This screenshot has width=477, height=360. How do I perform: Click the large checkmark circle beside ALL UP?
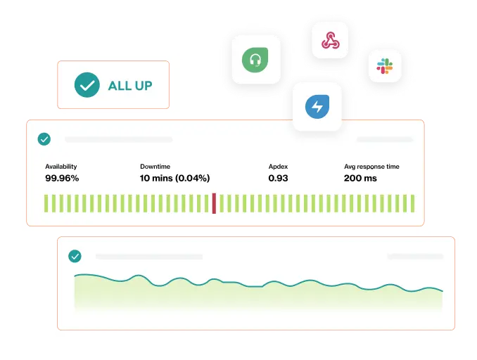pyautogui.click(x=87, y=85)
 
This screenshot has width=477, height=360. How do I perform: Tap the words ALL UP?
pyautogui.click(x=130, y=86)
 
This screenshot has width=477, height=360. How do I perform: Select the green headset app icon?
pyautogui.click(x=255, y=60)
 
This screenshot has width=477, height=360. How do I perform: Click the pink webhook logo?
pyautogui.click(x=331, y=40)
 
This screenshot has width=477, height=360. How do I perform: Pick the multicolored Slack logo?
pyautogui.click(x=385, y=66)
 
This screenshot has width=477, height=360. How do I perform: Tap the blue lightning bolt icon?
pyautogui.click(x=317, y=106)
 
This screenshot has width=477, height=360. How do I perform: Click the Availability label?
pyautogui.click(x=61, y=167)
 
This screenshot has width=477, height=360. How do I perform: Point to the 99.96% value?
pyautogui.click(x=62, y=178)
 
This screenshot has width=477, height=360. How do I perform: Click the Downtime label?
pyautogui.click(x=155, y=167)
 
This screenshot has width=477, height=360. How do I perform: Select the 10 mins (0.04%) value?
pyautogui.click(x=175, y=178)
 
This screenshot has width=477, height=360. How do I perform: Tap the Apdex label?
pyautogui.click(x=278, y=167)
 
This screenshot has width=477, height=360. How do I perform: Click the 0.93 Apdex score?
pyautogui.click(x=278, y=178)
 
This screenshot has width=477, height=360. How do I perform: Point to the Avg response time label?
pyautogui.click(x=371, y=167)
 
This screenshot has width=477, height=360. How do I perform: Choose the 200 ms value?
pyautogui.click(x=360, y=178)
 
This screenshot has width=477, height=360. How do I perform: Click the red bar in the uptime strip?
pyautogui.click(x=214, y=203)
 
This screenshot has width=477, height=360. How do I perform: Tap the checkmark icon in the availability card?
pyautogui.click(x=44, y=139)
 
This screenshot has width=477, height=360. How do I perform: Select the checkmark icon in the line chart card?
pyautogui.click(x=75, y=256)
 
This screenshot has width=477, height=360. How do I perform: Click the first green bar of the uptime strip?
pyautogui.click(x=46, y=203)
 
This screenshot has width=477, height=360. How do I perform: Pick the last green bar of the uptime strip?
pyautogui.click(x=412, y=203)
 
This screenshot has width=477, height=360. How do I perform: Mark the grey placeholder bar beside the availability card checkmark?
pyautogui.click(x=119, y=139)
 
